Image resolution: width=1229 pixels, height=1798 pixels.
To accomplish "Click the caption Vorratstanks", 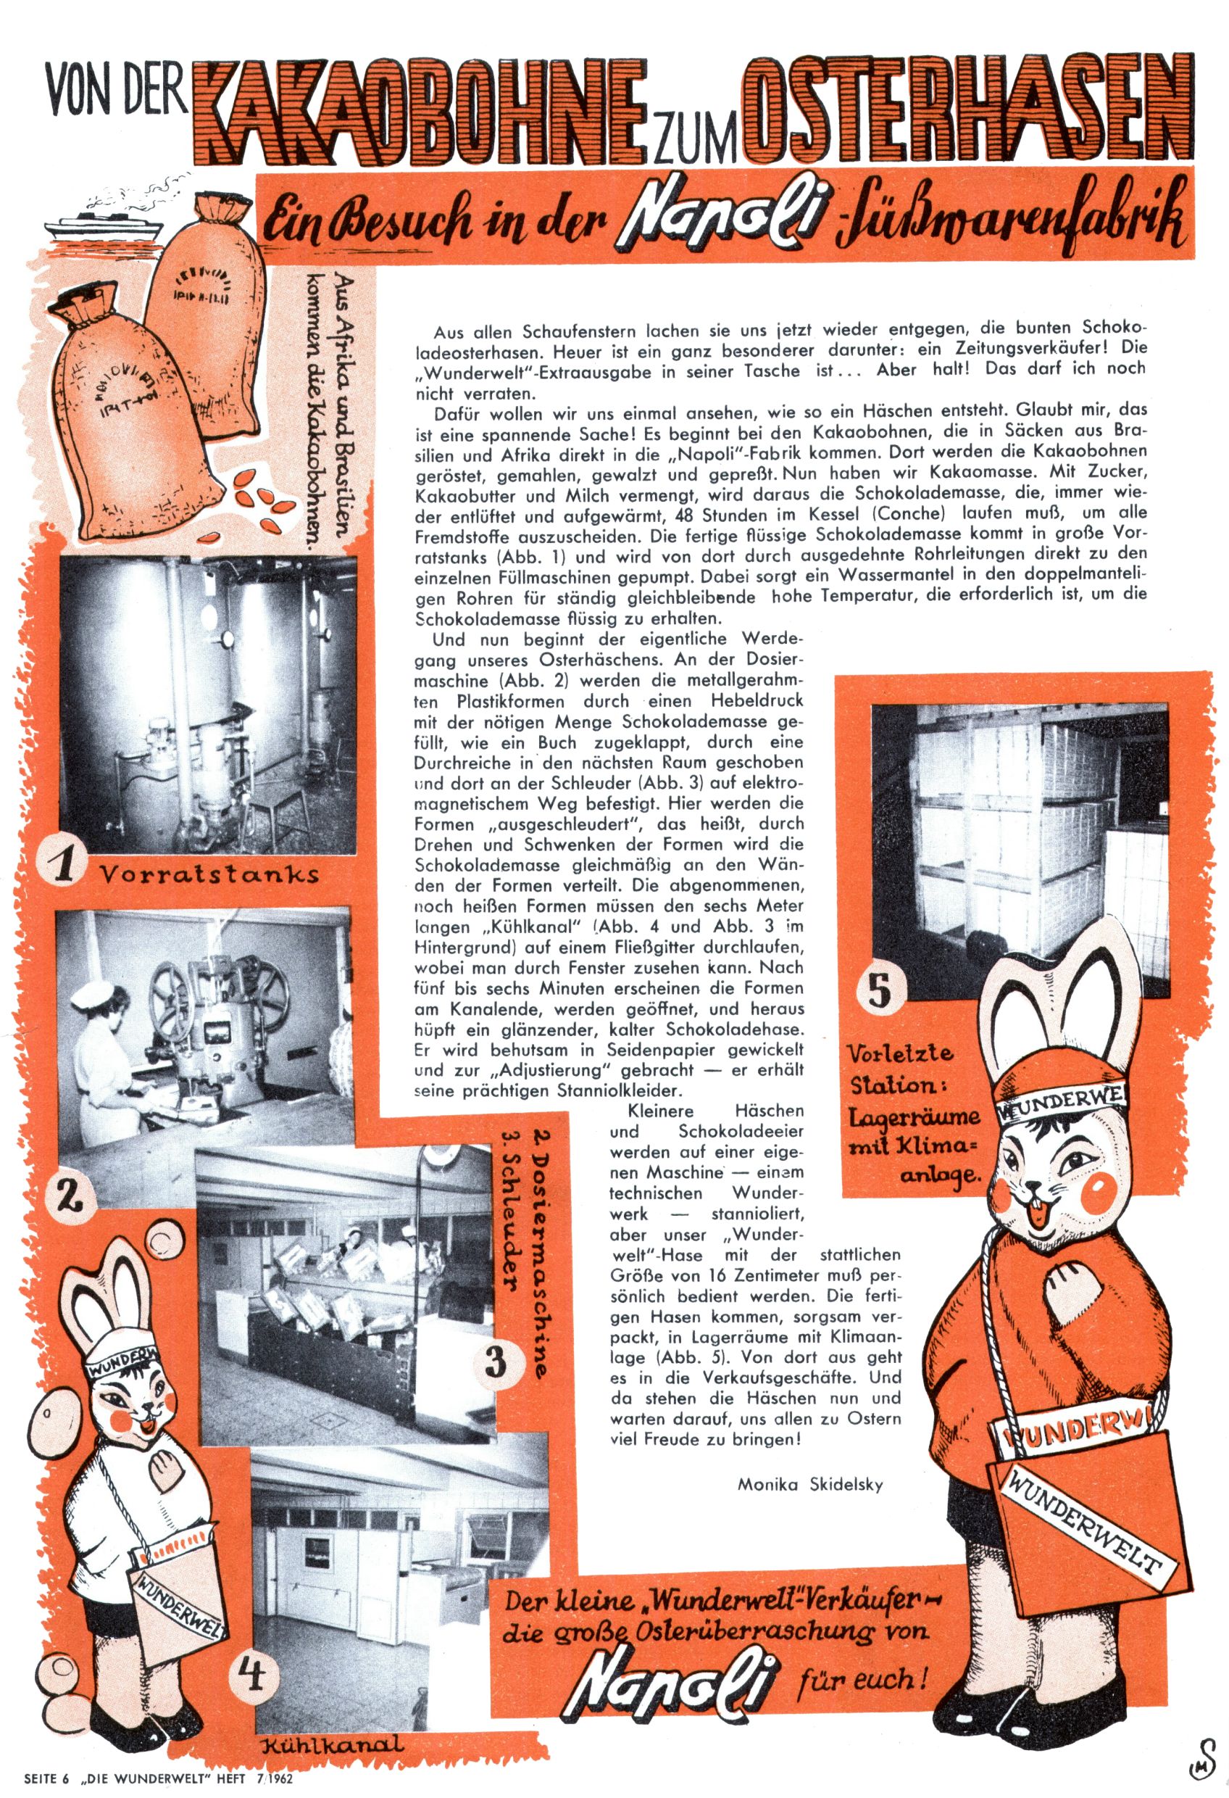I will point(209,874).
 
